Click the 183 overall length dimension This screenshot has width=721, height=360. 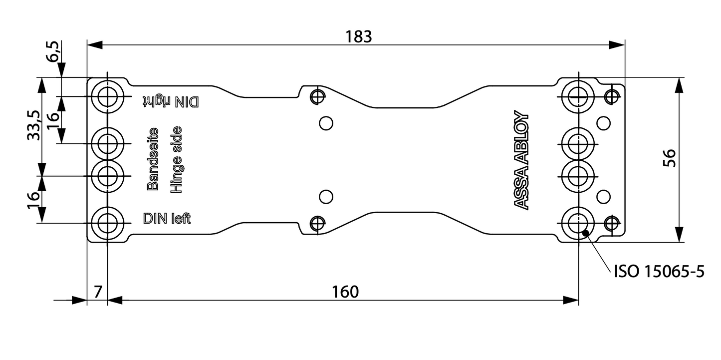359,36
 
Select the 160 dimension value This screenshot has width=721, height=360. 345,292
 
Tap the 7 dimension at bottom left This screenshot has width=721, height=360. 97,292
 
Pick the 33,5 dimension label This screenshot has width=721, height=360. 33,125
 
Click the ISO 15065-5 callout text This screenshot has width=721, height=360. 659,272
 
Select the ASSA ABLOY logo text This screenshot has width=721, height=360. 521,159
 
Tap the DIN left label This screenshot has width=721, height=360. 167,219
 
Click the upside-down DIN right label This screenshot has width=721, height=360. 171,101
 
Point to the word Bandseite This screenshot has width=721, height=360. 153,159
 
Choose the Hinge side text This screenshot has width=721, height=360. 176,159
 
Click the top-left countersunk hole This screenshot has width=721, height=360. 107,96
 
